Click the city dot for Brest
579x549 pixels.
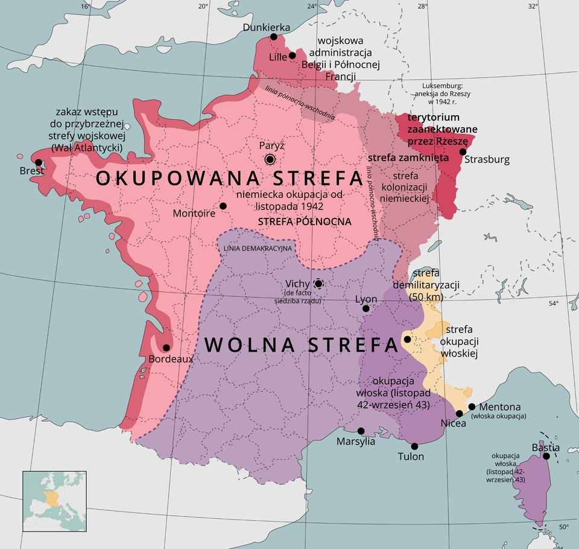click(x=39, y=162)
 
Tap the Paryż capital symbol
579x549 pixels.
click(x=270, y=159)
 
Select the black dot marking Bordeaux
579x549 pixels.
click(x=166, y=347)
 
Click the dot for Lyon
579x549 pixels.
click(x=365, y=309)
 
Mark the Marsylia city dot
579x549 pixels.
click(x=361, y=431)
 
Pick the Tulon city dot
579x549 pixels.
click(x=414, y=446)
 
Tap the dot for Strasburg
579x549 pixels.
click(x=463, y=152)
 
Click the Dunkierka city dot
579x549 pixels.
click(x=274, y=37)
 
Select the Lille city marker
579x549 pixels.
click(x=293, y=56)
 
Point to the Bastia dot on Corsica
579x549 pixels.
click(x=546, y=456)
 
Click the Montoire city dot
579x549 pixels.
click(x=223, y=206)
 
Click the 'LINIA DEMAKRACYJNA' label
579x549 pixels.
click(x=258, y=249)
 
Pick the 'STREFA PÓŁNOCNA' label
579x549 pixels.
click(x=304, y=222)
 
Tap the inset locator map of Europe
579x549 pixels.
click(x=54, y=501)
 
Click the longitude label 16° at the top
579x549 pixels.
click(x=86, y=7)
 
